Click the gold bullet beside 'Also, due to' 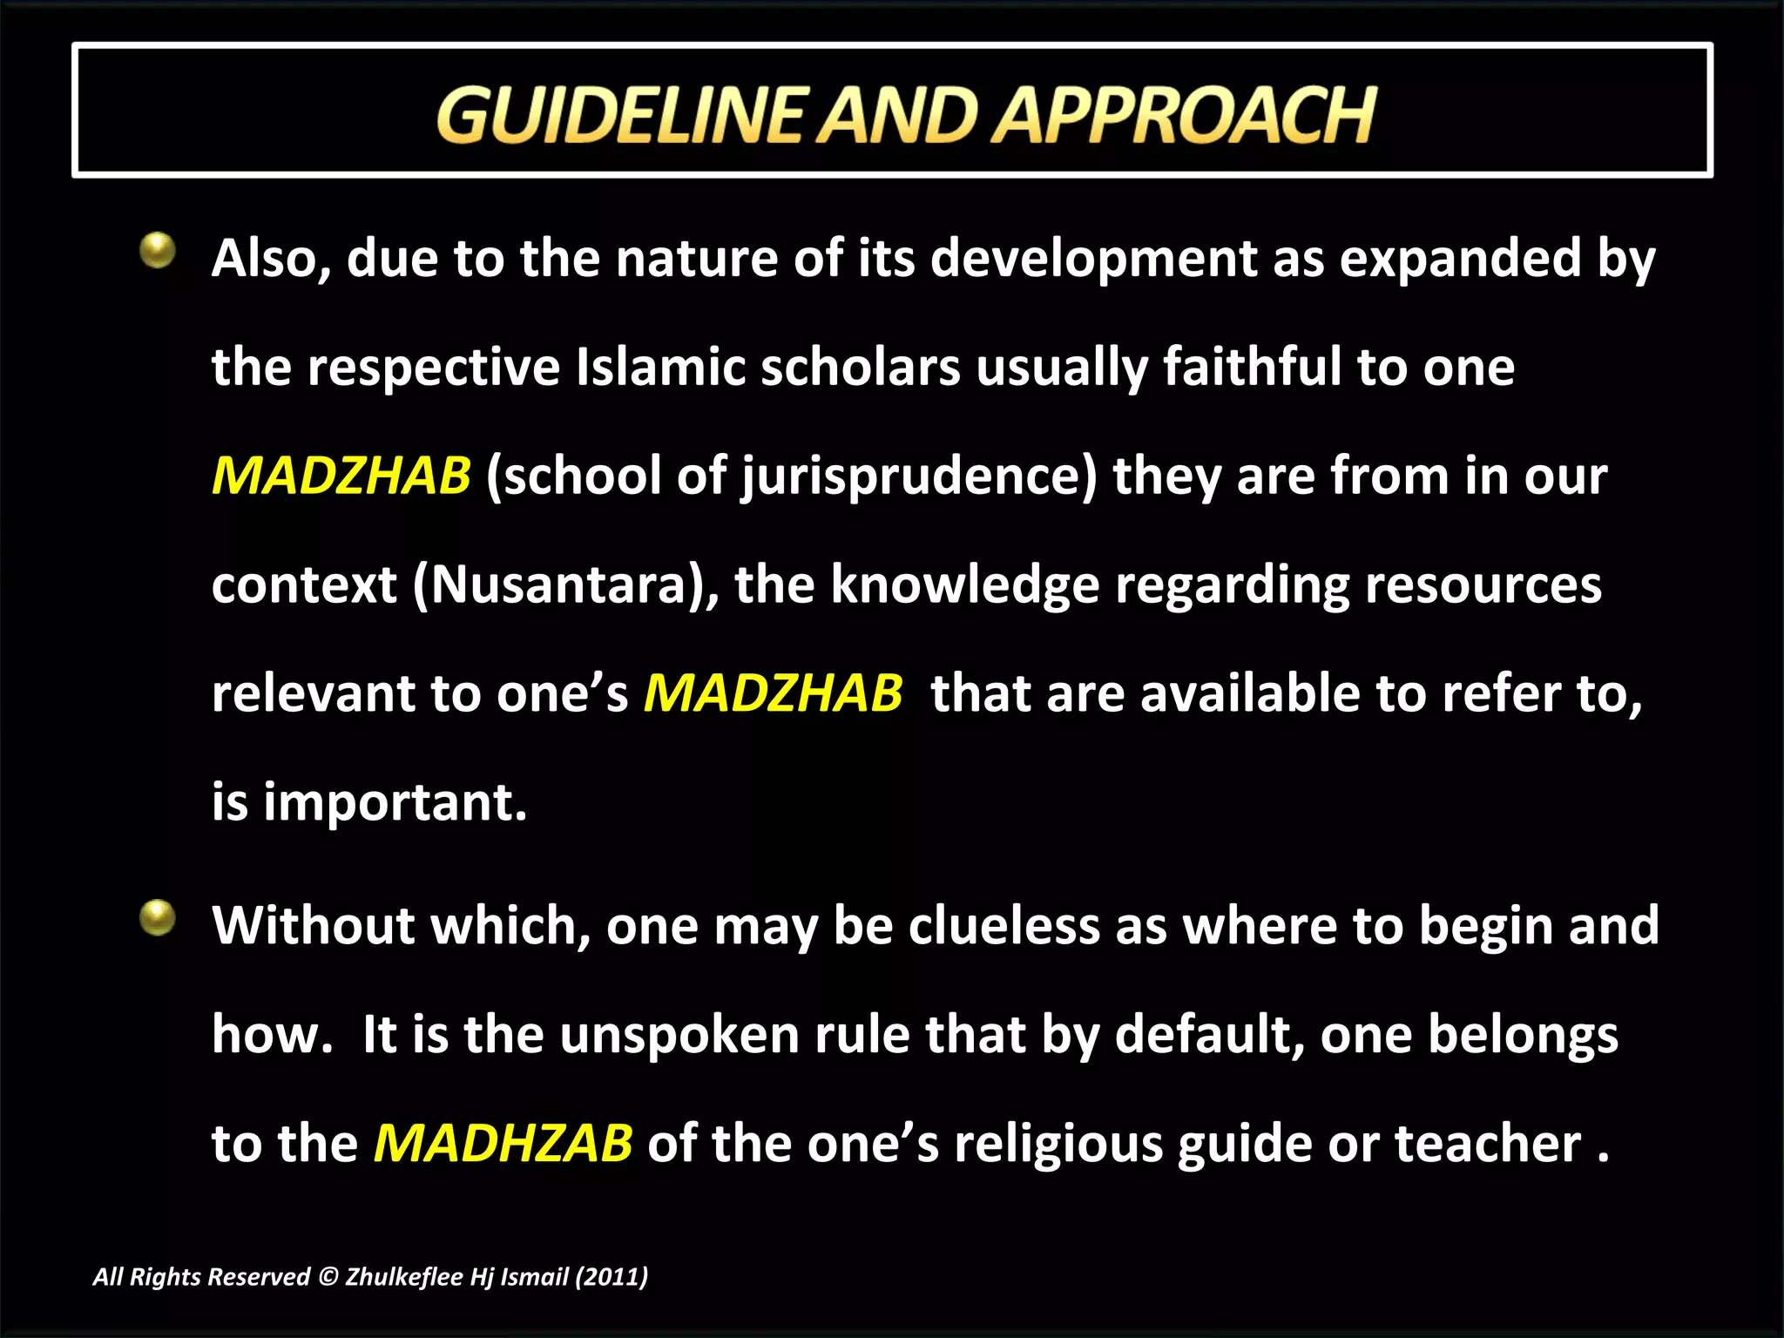[158, 250]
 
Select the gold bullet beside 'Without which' [158, 917]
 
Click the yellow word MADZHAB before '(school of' [341, 476]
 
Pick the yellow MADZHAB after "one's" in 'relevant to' [773, 693]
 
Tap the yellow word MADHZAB [503, 1143]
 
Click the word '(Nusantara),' [565, 585]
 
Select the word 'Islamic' [660, 367]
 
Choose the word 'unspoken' [679, 1036]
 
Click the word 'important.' [395, 802]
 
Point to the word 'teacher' [1487, 1143]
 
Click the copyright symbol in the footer [328, 1277]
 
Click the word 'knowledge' [964, 585]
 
